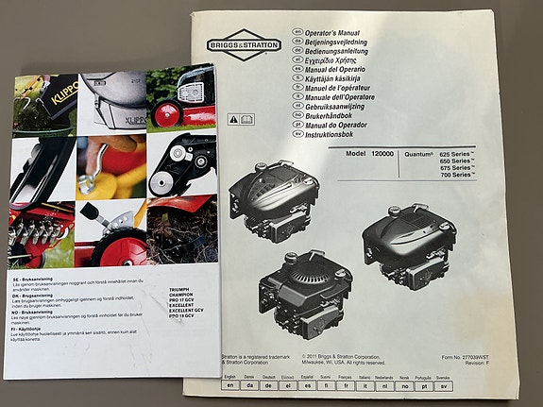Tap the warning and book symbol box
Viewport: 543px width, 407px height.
(x=242, y=121)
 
